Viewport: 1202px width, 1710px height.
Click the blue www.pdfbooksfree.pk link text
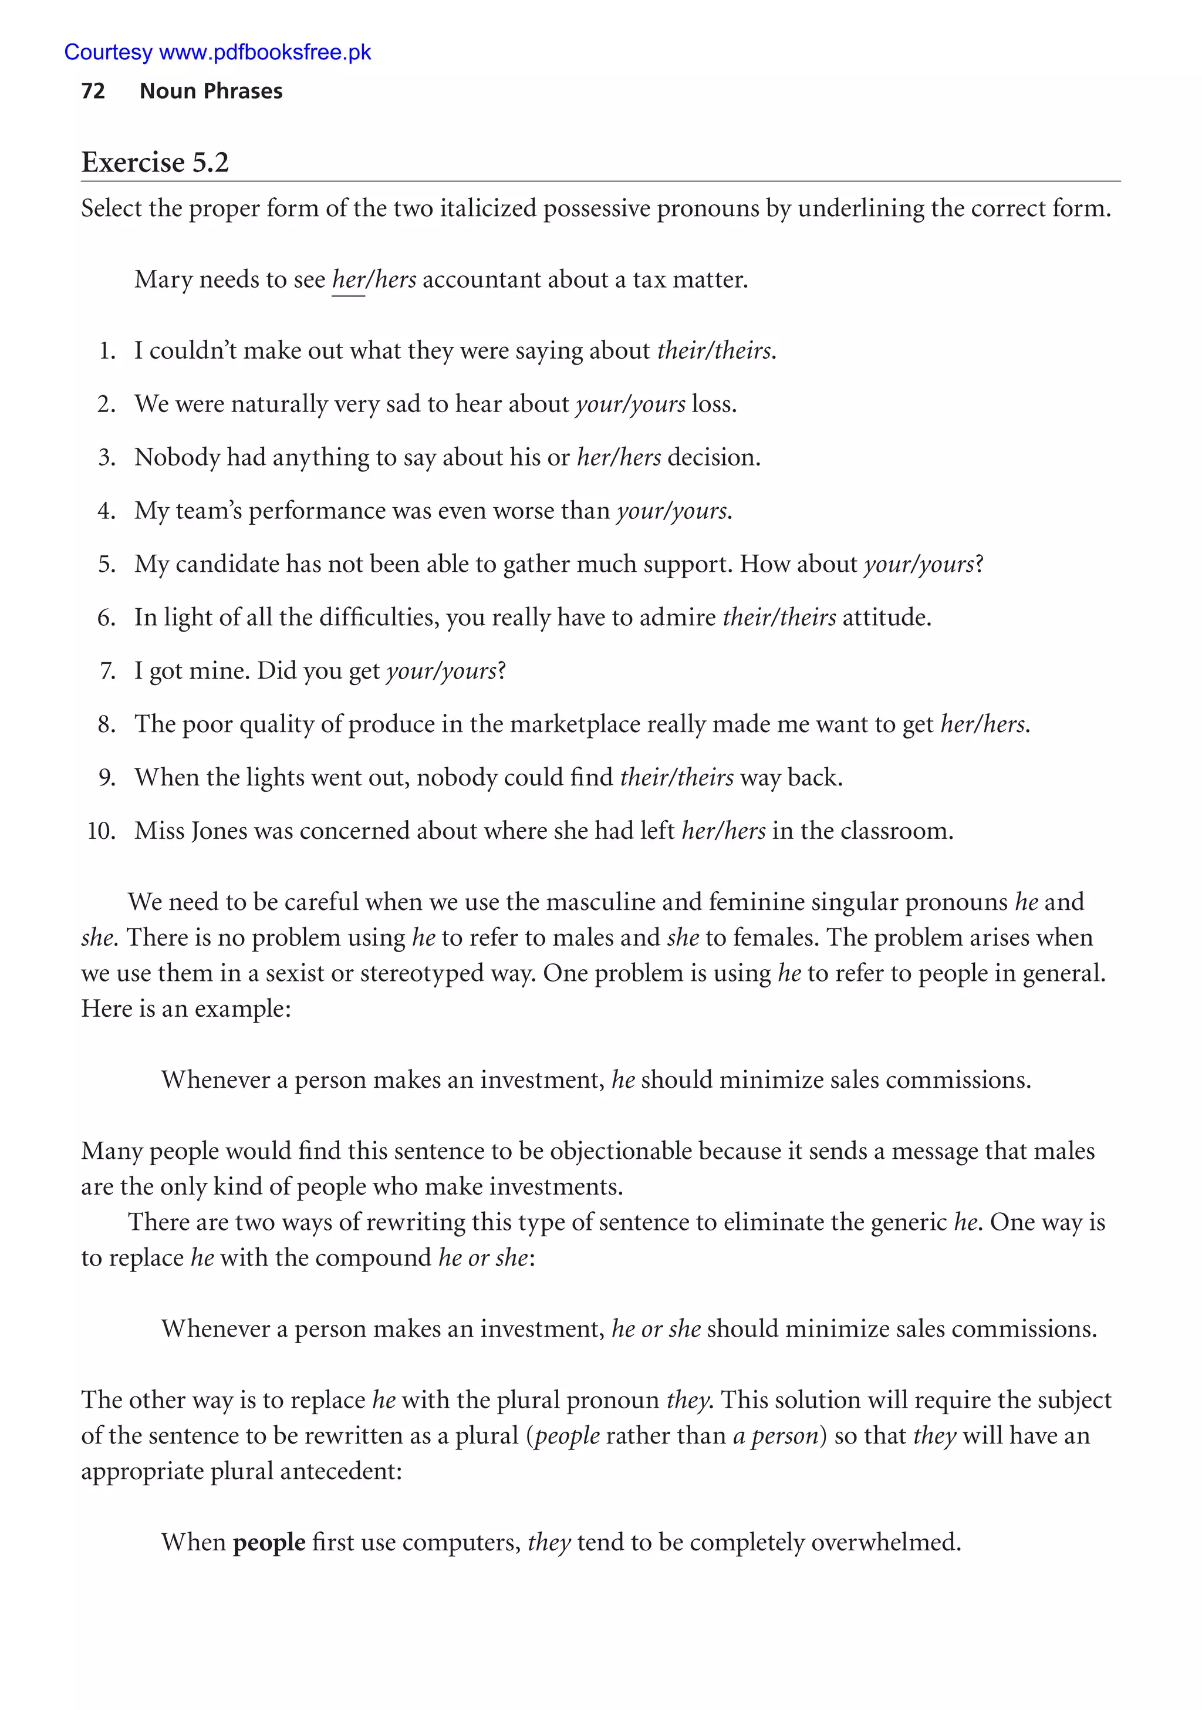click(265, 52)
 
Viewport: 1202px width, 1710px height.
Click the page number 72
click(93, 91)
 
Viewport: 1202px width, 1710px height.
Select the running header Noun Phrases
click(211, 91)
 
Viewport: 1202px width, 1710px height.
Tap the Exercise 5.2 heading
click(155, 163)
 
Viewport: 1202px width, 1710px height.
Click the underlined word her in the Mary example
click(348, 280)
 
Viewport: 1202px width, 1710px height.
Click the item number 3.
click(106, 457)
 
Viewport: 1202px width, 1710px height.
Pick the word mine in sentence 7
click(224, 671)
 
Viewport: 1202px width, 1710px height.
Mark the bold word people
click(269, 1542)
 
